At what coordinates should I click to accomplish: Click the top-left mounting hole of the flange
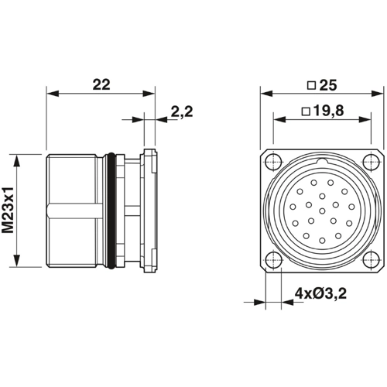pos(272,162)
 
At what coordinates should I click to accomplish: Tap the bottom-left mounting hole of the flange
pos(272,260)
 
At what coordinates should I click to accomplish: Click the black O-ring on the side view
pos(115,210)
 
